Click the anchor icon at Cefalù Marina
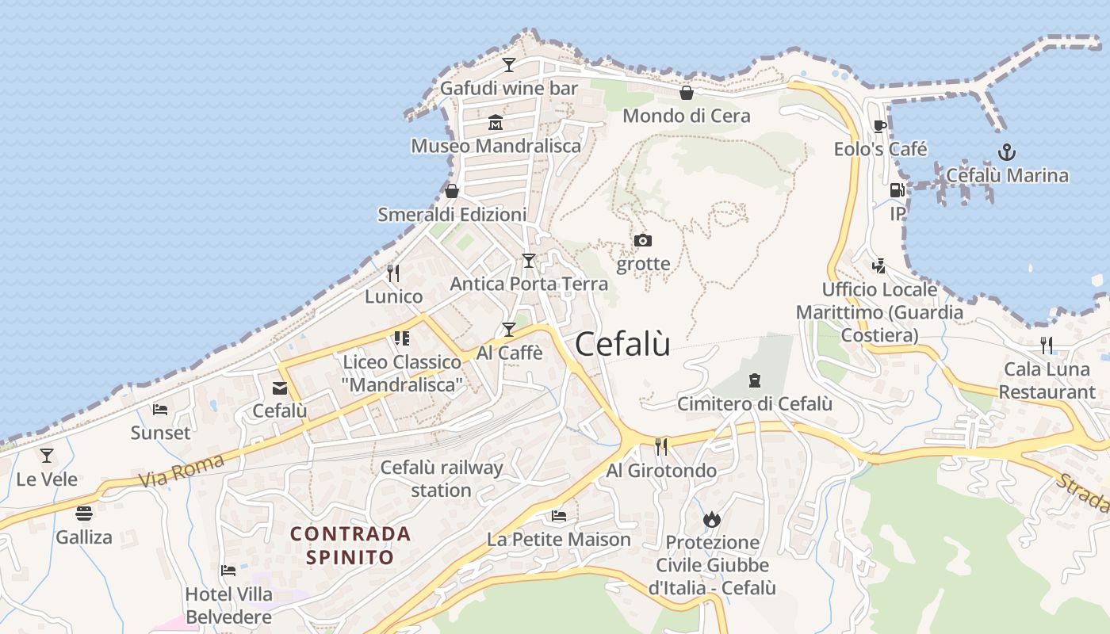tap(1006, 151)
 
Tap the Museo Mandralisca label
tap(496, 146)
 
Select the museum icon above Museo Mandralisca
tap(496, 122)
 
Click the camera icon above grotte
tap(643, 240)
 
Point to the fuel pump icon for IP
tap(897, 190)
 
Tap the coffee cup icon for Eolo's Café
tap(879, 126)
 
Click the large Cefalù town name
tap(622, 344)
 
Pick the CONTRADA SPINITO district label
tap(350, 545)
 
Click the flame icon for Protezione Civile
tap(711, 519)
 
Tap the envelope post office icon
tap(279, 388)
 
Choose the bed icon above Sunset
tap(160, 410)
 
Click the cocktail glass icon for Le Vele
tap(47, 456)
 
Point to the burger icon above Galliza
tap(83, 513)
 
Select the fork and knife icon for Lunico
tap(393, 273)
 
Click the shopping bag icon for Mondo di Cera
tap(687, 93)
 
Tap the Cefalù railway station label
tap(442, 479)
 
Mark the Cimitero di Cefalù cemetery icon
tap(754, 380)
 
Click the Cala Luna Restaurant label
tap(1047, 380)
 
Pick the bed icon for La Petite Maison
tap(559, 516)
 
